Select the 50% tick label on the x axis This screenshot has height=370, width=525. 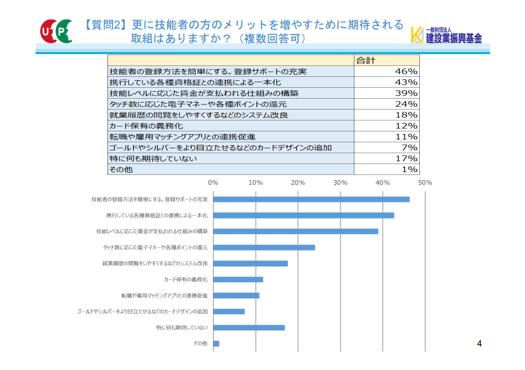click(x=424, y=182)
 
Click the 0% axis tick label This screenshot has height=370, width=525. click(x=213, y=182)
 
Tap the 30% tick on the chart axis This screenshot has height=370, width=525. click(x=340, y=182)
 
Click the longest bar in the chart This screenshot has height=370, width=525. click(x=311, y=199)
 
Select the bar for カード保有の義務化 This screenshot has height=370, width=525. click(x=238, y=279)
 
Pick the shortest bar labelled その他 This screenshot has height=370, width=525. click(x=217, y=344)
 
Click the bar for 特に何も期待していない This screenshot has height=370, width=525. click(x=249, y=328)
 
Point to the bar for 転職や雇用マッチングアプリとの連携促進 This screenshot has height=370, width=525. click(x=237, y=295)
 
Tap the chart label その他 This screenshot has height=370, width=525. click(x=200, y=344)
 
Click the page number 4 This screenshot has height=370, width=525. click(x=479, y=343)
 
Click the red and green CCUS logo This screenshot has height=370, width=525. click(x=56, y=30)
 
